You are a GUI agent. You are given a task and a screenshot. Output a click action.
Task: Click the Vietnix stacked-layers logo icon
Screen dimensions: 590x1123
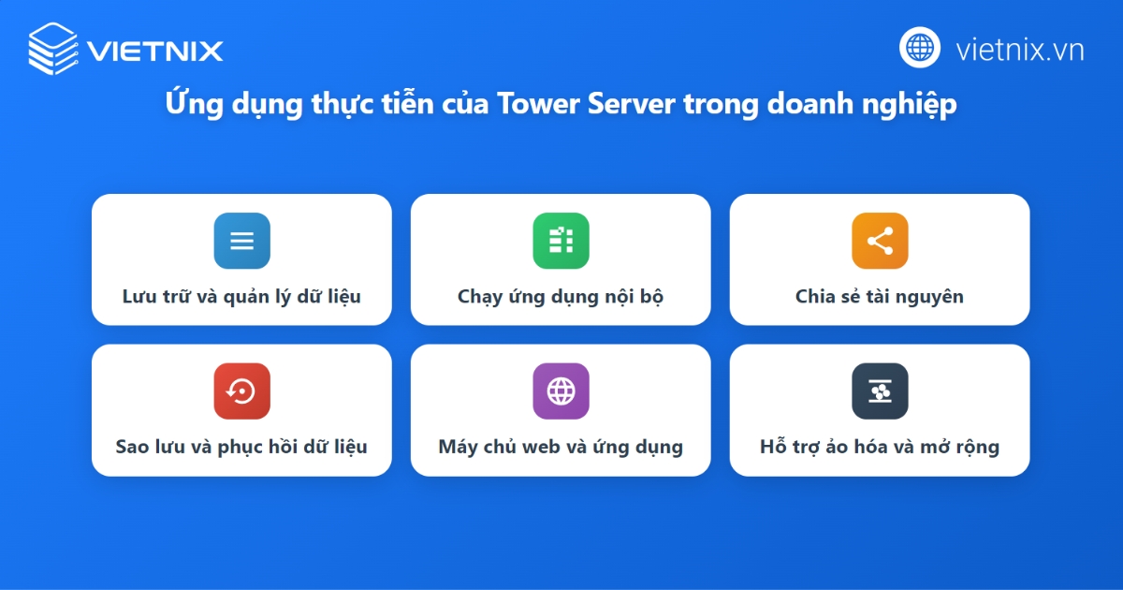pyautogui.click(x=54, y=49)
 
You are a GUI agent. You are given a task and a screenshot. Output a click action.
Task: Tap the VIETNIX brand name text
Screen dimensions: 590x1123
pyautogui.click(x=155, y=50)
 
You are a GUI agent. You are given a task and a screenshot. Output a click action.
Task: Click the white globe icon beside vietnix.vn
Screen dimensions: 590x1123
pyautogui.click(x=920, y=48)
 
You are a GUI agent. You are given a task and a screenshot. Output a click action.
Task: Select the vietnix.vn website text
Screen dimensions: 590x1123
pyautogui.click(x=1020, y=49)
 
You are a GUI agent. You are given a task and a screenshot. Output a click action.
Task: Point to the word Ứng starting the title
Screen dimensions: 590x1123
pyautogui.click(x=190, y=104)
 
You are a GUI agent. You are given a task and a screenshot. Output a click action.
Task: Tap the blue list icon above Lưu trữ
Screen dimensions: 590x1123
pyautogui.click(x=241, y=241)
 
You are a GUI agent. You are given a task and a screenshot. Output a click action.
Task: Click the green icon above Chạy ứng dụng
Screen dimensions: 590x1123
pyautogui.click(x=561, y=241)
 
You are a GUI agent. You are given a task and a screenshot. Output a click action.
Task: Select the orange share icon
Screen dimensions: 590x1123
pyautogui.click(x=880, y=241)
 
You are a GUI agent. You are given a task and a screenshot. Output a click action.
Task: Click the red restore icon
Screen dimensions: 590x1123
pyautogui.click(x=241, y=391)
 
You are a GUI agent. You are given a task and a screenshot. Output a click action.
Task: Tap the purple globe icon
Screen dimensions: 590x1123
pyautogui.click(x=561, y=391)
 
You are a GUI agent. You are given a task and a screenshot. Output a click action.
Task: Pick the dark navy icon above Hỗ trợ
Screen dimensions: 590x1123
pyautogui.click(x=880, y=391)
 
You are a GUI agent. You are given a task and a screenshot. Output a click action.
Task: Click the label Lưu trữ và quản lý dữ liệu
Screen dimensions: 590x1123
pyautogui.click(x=241, y=297)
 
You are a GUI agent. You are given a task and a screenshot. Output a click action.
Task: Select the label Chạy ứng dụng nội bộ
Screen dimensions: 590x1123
pyautogui.click(x=561, y=297)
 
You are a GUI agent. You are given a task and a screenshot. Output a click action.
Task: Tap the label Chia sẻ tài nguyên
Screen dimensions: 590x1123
pyautogui.click(x=880, y=297)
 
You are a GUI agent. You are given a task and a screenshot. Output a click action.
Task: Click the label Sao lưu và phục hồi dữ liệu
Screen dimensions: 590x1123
pyautogui.click(x=241, y=447)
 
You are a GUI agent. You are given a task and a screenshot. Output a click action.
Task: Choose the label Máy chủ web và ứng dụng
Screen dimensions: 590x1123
pyautogui.click(x=561, y=447)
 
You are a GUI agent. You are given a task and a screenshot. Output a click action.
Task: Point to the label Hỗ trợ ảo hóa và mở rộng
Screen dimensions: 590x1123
pyautogui.click(x=880, y=447)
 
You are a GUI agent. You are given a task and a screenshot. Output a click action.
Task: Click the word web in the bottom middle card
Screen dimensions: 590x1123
pyautogui.click(x=541, y=447)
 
